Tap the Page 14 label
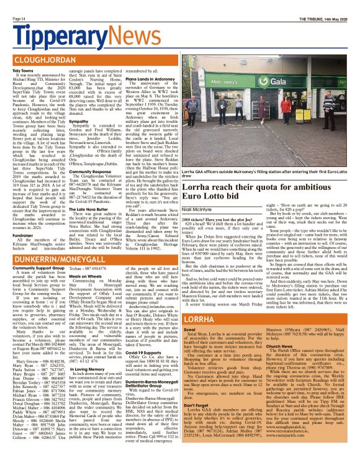point(19,19)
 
